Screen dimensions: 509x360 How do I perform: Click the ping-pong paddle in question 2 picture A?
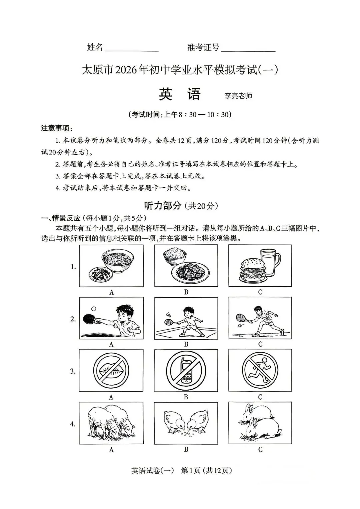pos(90,319)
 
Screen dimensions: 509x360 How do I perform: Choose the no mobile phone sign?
pos(186,370)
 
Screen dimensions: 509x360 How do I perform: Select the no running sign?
pos(260,370)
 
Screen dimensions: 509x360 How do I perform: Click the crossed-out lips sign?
pos(111,370)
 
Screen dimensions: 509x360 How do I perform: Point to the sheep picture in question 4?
pos(111,423)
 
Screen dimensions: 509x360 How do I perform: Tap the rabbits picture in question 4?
pos(260,423)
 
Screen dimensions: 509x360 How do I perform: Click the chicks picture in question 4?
pos(186,423)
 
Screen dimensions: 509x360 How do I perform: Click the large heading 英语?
pos(180,94)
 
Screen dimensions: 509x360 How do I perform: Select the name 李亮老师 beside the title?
pos(238,96)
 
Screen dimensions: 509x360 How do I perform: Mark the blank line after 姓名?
pos(132,50)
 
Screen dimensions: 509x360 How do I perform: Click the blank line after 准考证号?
pos(248,50)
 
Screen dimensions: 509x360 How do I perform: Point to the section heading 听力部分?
pos(163,206)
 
